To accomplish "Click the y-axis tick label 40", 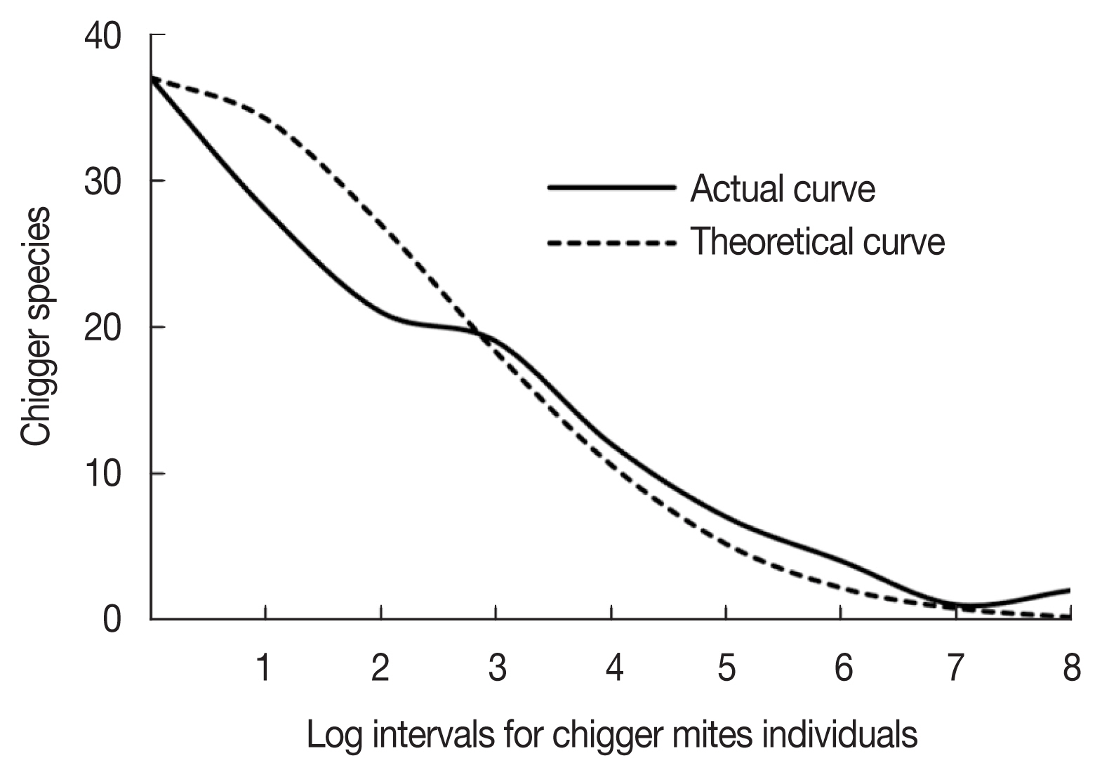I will coord(102,37).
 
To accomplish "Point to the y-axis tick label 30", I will coord(102,182).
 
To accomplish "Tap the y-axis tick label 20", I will coord(102,328).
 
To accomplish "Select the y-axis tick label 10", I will coord(102,475).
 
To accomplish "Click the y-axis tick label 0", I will coord(112,621).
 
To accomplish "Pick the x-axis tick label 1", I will coord(264,668).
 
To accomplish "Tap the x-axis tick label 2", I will coord(380,668).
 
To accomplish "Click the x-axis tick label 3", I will coord(497,668).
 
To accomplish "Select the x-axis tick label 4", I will coord(613,668).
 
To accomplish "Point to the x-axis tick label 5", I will coord(727,668).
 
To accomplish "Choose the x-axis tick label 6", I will coord(843,668).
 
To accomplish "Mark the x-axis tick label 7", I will coord(955,668).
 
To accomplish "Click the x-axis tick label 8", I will coord(1071,668).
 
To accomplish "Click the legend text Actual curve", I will coord(783,189).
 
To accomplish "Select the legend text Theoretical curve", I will coord(818,242).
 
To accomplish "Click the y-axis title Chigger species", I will coord(36,326).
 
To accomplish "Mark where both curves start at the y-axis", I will coord(152,78).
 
